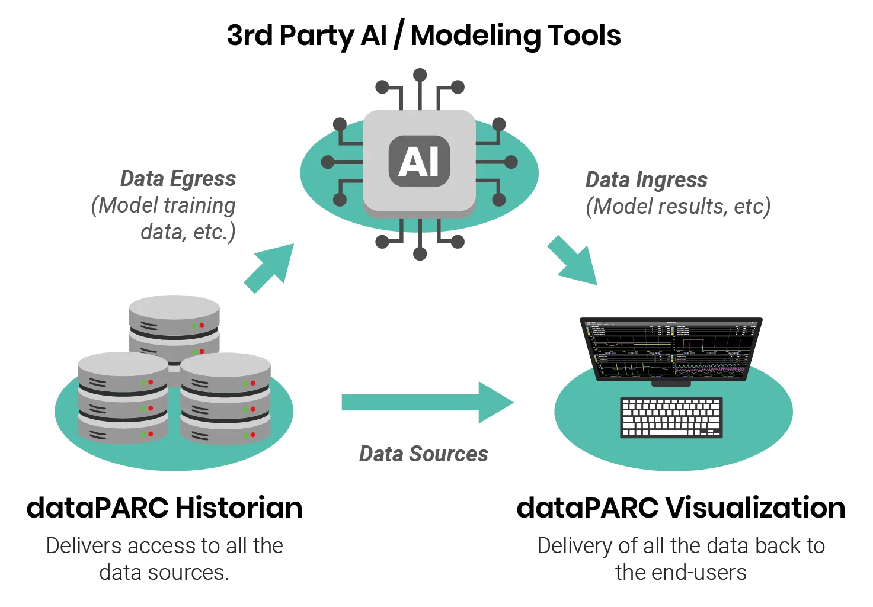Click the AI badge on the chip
coord(420,161)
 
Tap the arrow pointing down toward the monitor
coord(572,260)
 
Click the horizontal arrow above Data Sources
coord(427,402)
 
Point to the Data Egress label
coord(178,179)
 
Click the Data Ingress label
coord(646,180)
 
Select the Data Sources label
coord(424,454)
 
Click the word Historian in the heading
coord(239,508)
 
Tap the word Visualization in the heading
coord(755,508)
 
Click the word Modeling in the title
coord(476,36)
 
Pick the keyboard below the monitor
coord(671,417)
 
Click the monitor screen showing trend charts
coord(671,349)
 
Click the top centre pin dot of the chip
coord(420,75)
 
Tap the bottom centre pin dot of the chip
coord(420,254)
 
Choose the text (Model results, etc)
coord(678,206)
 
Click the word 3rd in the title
coord(250,35)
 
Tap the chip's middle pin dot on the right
coord(511,162)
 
